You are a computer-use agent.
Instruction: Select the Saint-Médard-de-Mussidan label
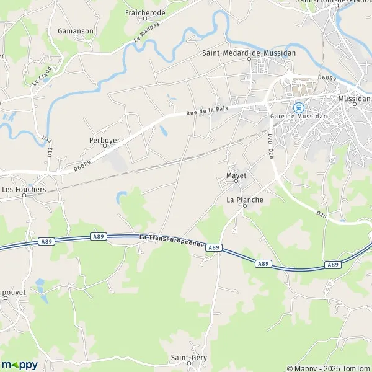249,53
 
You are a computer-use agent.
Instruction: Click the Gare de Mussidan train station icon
298,106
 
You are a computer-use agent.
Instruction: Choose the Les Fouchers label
24,188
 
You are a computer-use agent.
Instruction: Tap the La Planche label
244,200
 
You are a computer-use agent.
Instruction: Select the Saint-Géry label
189,358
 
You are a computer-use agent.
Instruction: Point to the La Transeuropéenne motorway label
172,241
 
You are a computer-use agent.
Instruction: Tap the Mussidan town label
354,99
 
